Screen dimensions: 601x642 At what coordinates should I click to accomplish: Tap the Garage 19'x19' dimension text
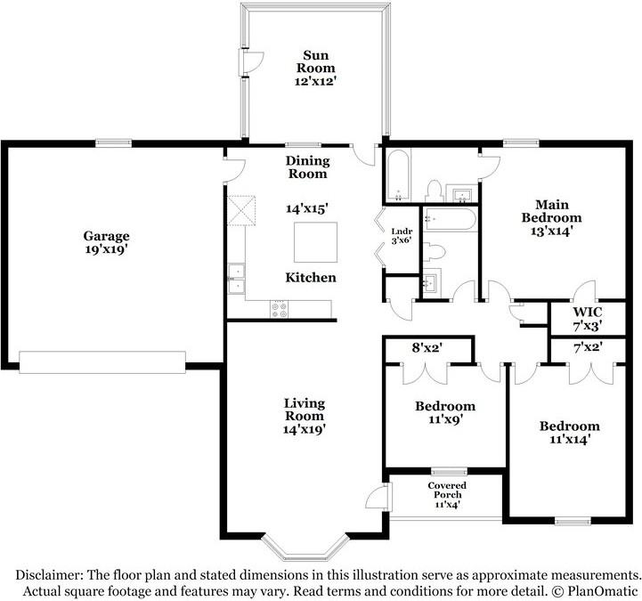coord(107,250)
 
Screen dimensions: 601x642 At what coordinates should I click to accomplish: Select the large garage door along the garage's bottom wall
coord(102,361)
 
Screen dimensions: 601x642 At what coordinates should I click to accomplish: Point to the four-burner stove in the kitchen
coord(280,310)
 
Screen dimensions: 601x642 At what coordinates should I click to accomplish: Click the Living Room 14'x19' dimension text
coord(305,429)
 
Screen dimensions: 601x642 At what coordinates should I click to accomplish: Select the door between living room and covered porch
coord(378,498)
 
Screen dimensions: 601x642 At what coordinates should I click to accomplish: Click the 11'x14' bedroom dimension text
coord(569,439)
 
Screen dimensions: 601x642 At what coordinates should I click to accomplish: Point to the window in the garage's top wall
coord(114,142)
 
